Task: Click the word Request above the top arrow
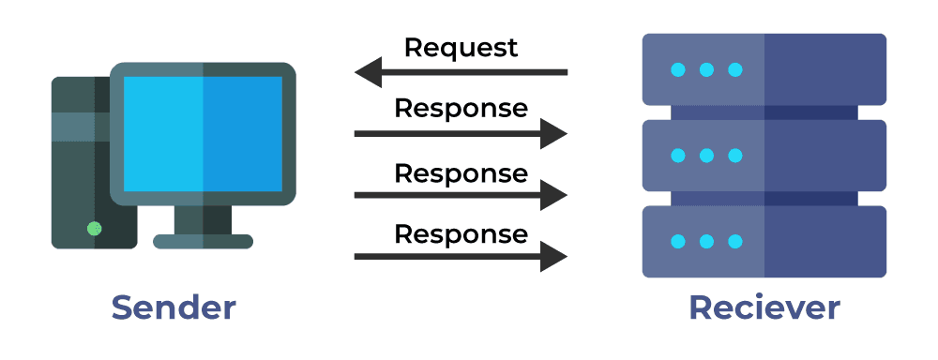click(x=461, y=48)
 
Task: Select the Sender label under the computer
click(x=174, y=307)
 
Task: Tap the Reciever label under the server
click(x=764, y=307)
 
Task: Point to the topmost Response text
click(x=461, y=109)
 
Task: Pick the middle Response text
click(x=461, y=173)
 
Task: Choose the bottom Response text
click(x=461, y=233)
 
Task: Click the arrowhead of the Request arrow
click(x=368, y=71)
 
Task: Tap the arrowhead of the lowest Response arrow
click(x=554, y=256)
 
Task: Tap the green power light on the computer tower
click(x=94, y=228)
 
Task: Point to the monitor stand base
click(x=203, y=241)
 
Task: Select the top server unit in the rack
click(x=764, y=69)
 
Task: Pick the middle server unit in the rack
click(x=764, y=156)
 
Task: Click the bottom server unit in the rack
click(x=764, y=242)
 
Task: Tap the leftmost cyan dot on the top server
click(x=677, y=69)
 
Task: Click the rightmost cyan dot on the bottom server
click(x=735, y=242)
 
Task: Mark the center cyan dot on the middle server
click(x=706, y=156)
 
